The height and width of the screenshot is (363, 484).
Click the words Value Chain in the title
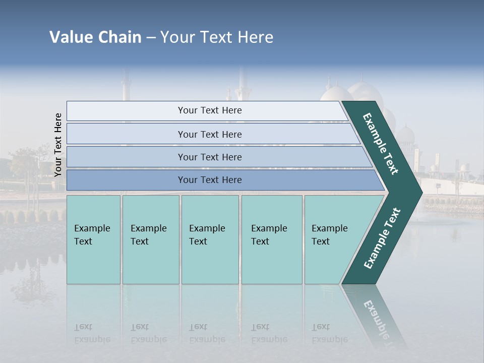(95, 37)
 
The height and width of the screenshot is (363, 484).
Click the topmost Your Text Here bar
(209, 110)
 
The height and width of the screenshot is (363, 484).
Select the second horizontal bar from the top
(209, 134)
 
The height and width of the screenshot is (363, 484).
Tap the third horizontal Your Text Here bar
(209, 157)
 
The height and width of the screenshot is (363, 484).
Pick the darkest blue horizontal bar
(209, 180)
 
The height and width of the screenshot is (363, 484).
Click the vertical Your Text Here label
(58, 145)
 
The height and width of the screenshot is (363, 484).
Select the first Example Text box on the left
(93, 239)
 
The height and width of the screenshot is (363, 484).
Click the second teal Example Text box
(150, 239)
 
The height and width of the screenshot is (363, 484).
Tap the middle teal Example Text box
(210, 239)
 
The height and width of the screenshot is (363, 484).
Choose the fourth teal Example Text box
(271, 239)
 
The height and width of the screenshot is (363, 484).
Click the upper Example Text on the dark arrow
(381, 144)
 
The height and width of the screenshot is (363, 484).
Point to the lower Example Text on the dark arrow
(382, 238)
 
